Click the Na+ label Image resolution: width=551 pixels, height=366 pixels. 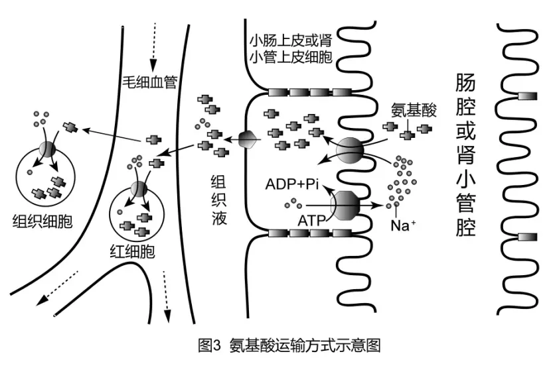(400, 225)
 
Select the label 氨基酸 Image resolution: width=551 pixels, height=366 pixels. (414, 110)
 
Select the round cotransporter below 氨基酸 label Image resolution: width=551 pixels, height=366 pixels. (350, 151)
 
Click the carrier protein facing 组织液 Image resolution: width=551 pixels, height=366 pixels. (246, 140)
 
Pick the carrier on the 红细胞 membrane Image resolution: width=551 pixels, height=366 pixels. (139, 189)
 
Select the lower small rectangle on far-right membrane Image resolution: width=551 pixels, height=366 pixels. (526, 237)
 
